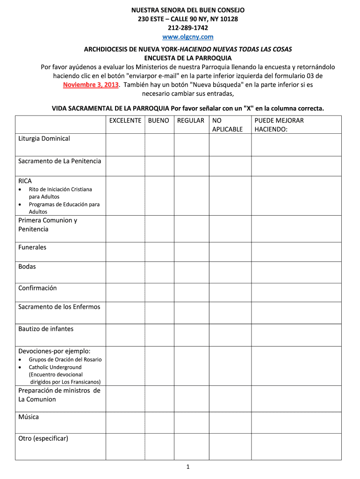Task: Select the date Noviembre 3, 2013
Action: click(91, 85)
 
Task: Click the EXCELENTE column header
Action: click(125, 121)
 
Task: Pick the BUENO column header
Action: click(158, 121)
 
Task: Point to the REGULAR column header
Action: click(191, 121)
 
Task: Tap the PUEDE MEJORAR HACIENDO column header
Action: click(279, 125)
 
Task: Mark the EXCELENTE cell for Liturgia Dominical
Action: click(125, 145)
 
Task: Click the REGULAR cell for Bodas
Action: click(191, 271)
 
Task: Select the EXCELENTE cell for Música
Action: click(125, 422)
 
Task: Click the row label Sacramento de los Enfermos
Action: click(59, 307)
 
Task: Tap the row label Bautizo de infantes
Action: click(46, 329)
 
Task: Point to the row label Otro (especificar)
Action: click(43, 438)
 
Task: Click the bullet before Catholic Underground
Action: click(20, 368)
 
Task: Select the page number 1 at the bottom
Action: click(187, 467)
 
